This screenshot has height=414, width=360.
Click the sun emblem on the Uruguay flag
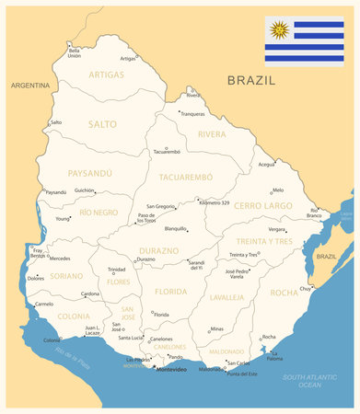click(x=279, y=30)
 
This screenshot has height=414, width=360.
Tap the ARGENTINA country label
click(x=29, y=85)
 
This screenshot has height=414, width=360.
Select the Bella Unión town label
click(x=74, y=52)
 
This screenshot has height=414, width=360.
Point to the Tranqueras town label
click(x=192, y=114)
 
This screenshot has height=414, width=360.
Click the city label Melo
click(x=277, y=190)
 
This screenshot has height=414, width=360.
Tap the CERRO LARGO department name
click(x=262, y=206)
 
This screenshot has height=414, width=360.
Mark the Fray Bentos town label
click(x=37, y=252)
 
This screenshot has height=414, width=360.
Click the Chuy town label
click(x=305, y=288)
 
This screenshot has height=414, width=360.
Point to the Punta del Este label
click(x=242, y=374)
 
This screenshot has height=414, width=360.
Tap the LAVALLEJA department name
click(x=226, y=297)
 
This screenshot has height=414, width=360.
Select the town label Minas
click(x=216, y=328)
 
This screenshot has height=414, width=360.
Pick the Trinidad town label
click(x=117, y=270)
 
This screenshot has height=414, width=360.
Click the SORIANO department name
click(x=66, y=275)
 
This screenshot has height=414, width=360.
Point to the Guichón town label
click(x=84, y=190)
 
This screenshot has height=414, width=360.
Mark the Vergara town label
click(x=276, y=229)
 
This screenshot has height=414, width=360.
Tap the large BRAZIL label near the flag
click(x=251, y=80)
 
